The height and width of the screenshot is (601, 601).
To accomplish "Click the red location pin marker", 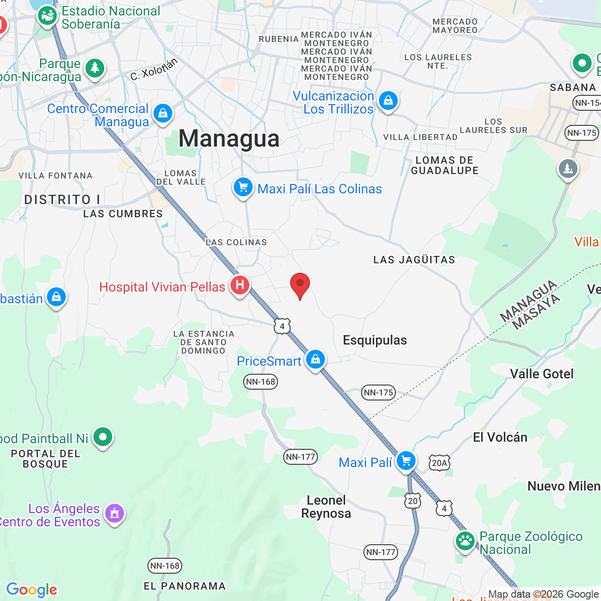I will tap(300, 285).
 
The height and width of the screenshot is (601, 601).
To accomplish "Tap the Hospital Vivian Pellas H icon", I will tap(240, 285).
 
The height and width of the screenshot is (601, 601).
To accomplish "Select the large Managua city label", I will tap(229, 139).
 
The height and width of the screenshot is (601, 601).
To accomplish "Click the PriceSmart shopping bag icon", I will tap(316, 359).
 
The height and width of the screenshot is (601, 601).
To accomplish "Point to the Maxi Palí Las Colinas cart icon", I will tap(243, 187).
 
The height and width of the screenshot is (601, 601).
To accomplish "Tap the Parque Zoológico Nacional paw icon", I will tap(465, 541).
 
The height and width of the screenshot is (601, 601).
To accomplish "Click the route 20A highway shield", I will tap(439, 463).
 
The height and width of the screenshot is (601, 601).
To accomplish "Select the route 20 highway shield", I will tap(413, 501).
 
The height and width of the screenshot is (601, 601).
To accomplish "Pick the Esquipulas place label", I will tap(375, 340).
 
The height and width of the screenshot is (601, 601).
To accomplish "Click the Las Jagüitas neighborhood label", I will tap(414, 260).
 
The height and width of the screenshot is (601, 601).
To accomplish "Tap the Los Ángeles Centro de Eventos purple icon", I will tap(115, 513).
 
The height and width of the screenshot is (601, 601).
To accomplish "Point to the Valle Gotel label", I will tap(542, 374).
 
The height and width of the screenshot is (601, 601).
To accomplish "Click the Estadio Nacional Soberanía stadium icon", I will tap(47, 16).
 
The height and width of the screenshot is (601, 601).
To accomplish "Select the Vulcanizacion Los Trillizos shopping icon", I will tap(388, 100).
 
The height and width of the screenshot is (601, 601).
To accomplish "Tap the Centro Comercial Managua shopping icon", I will tap(163, 114).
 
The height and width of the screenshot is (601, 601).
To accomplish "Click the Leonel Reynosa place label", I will tap(326, 507).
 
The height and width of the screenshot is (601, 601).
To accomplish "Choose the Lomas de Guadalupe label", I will tap(445, 165).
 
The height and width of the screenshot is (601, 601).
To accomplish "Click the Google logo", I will tap(32, 590).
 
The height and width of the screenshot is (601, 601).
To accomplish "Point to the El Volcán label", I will tap(500, 438).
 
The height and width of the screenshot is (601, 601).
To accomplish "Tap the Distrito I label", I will tap(62, 200).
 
